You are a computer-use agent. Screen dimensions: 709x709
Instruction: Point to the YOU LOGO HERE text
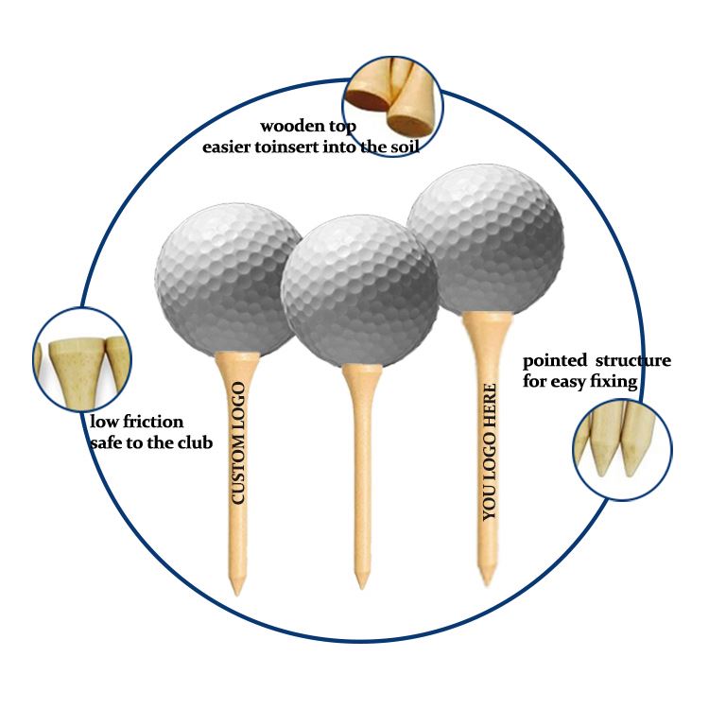click(x=489, y=452)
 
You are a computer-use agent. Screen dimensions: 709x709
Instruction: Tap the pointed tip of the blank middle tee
click(x=361, y=584)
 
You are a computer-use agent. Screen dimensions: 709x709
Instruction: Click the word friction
click(x=150, y=422)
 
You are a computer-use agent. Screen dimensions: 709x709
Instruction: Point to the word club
click(x=193, y=442)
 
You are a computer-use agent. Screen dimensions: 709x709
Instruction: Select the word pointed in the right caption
click(x=553, y=361)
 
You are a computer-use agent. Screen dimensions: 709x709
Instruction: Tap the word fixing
click(x=614, y=382)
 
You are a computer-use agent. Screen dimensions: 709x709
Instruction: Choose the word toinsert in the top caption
click(x=284, y=147)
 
